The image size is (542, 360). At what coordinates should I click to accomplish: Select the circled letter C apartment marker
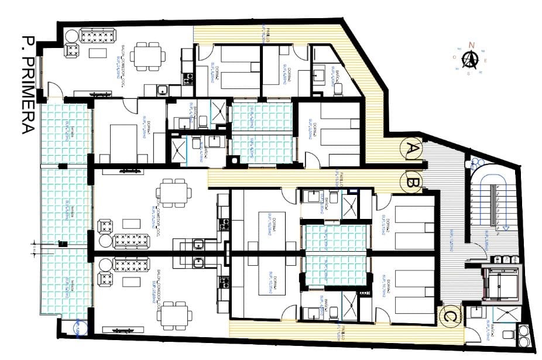pos(449,316)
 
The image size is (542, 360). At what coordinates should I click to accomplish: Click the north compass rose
pos(469,59)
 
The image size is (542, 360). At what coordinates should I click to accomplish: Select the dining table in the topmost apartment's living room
pos(147,56)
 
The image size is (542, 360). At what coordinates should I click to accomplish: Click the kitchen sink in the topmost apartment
pos(162,90)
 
